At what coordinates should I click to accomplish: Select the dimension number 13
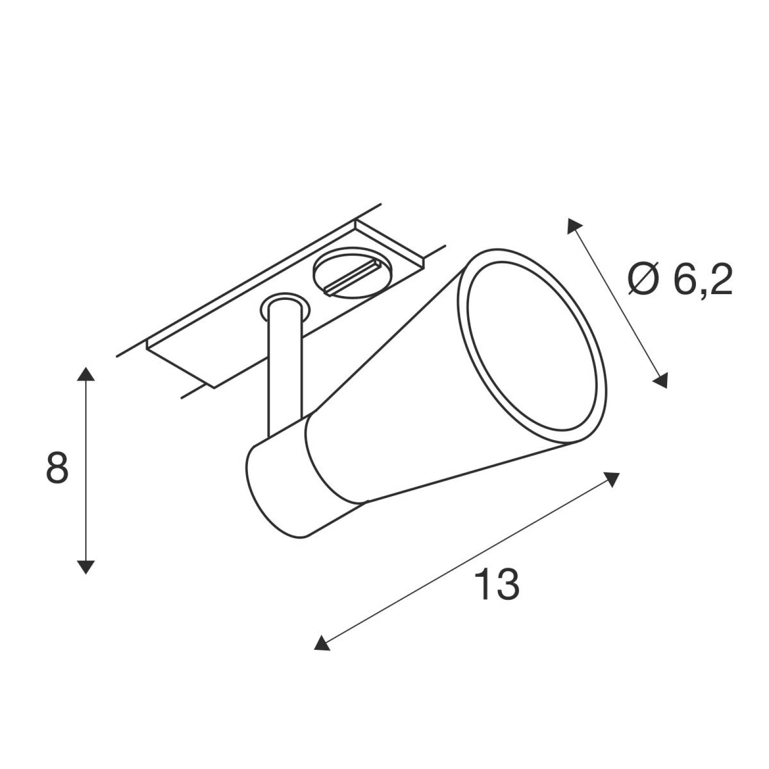pos(497,584)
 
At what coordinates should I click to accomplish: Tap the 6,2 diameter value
pos(703,281)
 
